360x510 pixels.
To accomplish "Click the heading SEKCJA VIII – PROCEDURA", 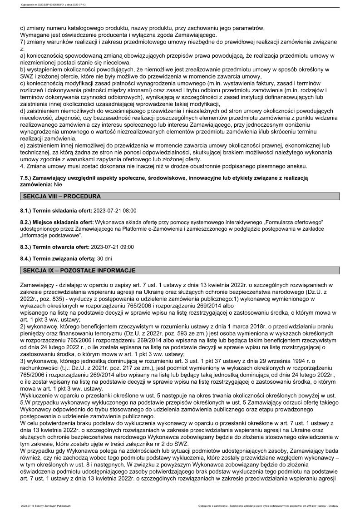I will pos(61,197).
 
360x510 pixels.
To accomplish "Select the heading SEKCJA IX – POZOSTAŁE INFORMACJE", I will pos(79,271).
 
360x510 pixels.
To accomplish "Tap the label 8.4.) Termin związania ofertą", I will pos(58,258).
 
